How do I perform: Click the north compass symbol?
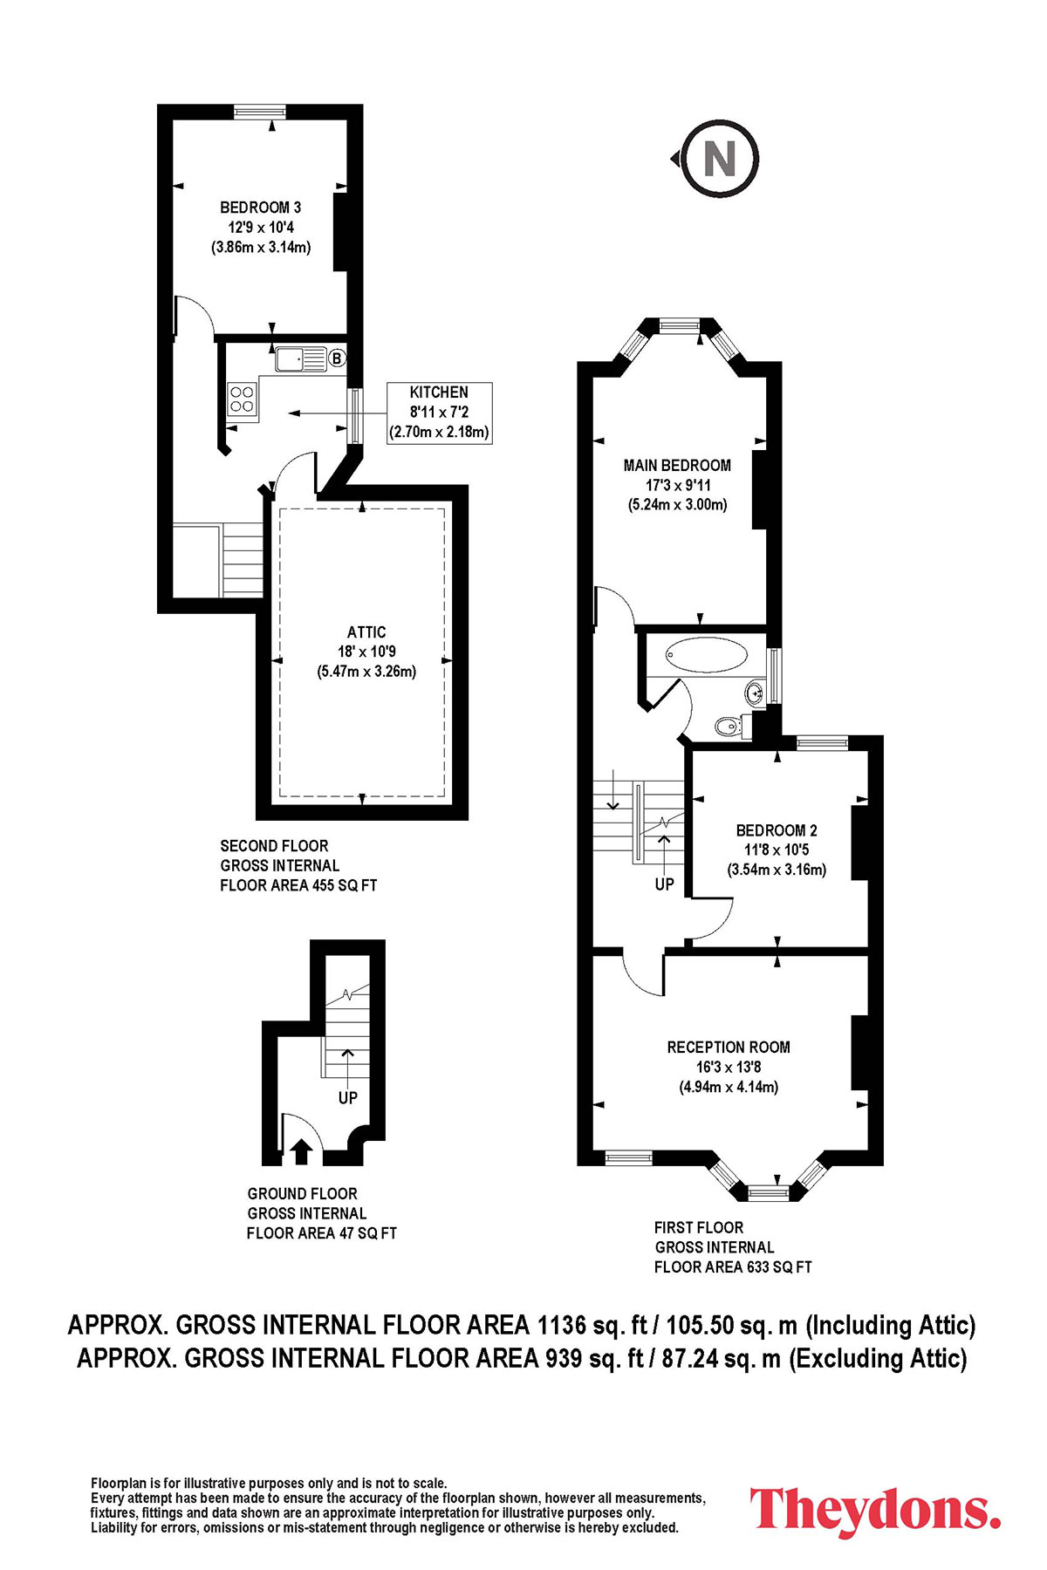719,159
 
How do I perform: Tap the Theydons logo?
875,1510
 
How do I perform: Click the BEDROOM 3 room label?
260,208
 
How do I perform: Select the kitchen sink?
301,358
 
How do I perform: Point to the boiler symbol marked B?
337,358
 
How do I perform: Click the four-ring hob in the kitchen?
242,399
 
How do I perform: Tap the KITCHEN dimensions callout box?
439,412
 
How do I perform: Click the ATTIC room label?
366,632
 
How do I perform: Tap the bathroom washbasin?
756,693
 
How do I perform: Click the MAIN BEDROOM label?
677,466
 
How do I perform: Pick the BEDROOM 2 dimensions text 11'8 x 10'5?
777,850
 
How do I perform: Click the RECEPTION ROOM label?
729,1048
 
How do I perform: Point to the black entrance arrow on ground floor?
301,1151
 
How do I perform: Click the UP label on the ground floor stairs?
348,1098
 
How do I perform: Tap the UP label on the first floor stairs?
665,884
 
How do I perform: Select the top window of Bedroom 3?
259,111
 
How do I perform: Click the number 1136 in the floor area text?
561,1325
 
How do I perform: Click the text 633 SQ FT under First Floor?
778,1267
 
